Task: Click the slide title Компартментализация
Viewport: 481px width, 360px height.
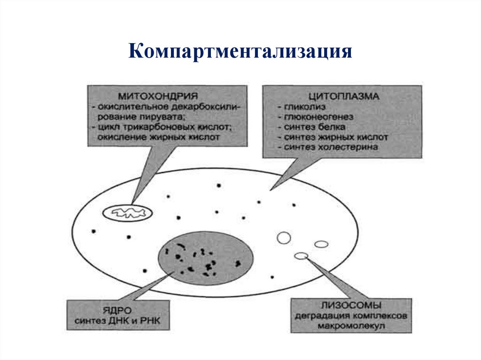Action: coord(240,51)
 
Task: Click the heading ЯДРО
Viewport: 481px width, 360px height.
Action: coord(118,310)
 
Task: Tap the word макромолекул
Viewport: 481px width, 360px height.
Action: coord(350,326)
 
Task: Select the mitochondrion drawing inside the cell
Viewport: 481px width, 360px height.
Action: coord(128,213)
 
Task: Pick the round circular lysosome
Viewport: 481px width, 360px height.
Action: coord(284,238)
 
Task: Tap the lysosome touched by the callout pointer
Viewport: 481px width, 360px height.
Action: coord(301,256)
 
